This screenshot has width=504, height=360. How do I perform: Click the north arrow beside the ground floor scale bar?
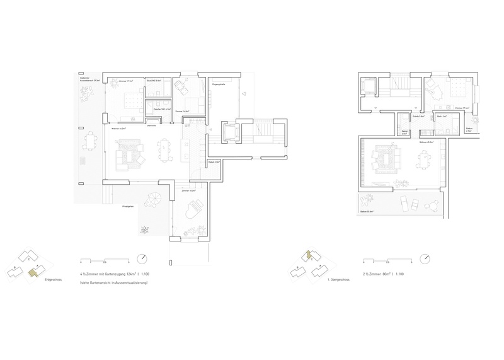[x=143, y=259]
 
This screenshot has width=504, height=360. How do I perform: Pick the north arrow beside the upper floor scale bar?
[x=426, y=259]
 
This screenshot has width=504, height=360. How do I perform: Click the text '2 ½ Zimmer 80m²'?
[x=377, y=276]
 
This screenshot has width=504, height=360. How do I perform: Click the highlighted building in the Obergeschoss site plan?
[x=309, y=256]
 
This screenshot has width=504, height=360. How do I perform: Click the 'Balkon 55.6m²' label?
[x=367, y=211]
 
